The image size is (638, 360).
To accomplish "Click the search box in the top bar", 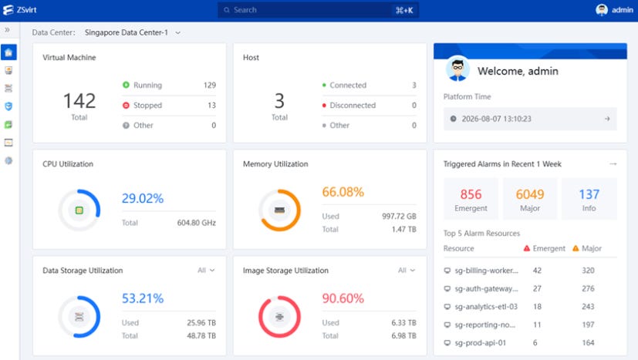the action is [x=318, y=10].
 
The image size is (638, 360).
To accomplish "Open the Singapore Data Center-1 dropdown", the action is [x=132, y=32].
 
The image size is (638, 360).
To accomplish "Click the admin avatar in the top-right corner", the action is [x=602, y=10].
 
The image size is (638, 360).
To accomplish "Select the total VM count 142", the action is [x=79, y=100].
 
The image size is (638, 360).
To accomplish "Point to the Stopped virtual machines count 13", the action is [x=211, y=106].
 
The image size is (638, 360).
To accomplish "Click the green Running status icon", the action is [x=127, y=85].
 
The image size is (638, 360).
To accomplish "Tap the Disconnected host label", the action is [x=353, y=106].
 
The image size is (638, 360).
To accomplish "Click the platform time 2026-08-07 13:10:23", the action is [x=496, y=119].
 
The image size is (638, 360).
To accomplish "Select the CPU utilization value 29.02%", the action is [x=143, y=199].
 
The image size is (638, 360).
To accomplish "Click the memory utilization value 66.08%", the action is [x=343, y=192].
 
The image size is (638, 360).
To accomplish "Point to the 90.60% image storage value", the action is [x=343, y=298].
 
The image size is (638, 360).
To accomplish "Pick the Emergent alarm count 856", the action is [x=471, y=194].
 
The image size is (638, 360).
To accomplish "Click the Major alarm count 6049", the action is [x=530, y=194].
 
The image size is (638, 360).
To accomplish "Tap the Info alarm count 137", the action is [x=589, y=194].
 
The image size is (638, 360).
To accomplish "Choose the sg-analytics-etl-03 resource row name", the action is [x=486, y=307].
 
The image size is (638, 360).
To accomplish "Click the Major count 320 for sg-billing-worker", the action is [x=588, y=271].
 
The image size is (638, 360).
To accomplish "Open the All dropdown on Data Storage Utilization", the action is [x=206, y=270].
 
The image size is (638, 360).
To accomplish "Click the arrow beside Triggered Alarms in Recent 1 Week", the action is [x=613, y=164].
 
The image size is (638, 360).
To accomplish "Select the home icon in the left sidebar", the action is [x=8, y=52].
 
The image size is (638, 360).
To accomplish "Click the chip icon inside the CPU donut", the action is [x=79, y=210].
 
